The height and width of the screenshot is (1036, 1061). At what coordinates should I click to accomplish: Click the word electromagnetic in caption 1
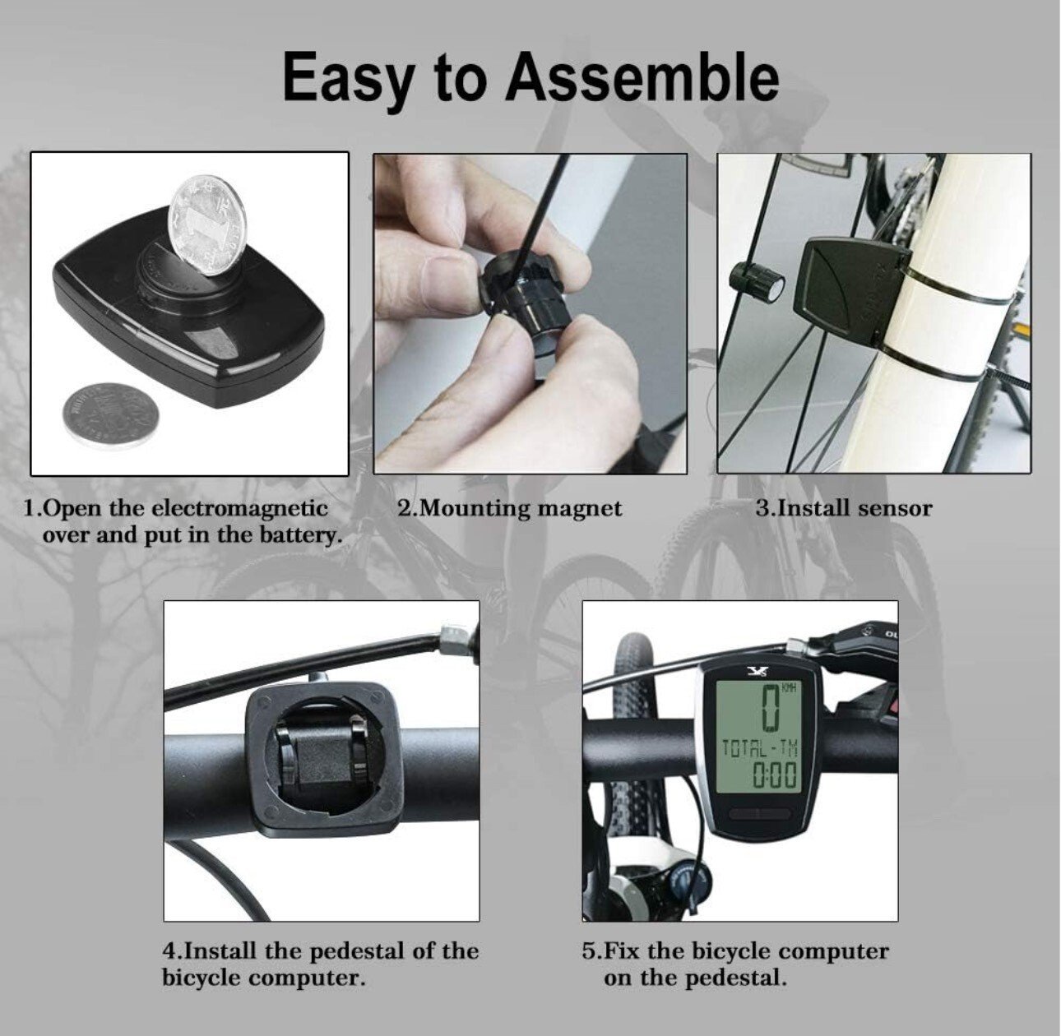(239, 508)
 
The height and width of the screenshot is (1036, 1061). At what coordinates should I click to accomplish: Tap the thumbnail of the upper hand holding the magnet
(442, 275)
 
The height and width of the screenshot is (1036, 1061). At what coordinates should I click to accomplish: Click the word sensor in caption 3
(895, 509)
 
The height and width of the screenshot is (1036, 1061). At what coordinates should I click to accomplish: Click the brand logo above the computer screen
(756, 669)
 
